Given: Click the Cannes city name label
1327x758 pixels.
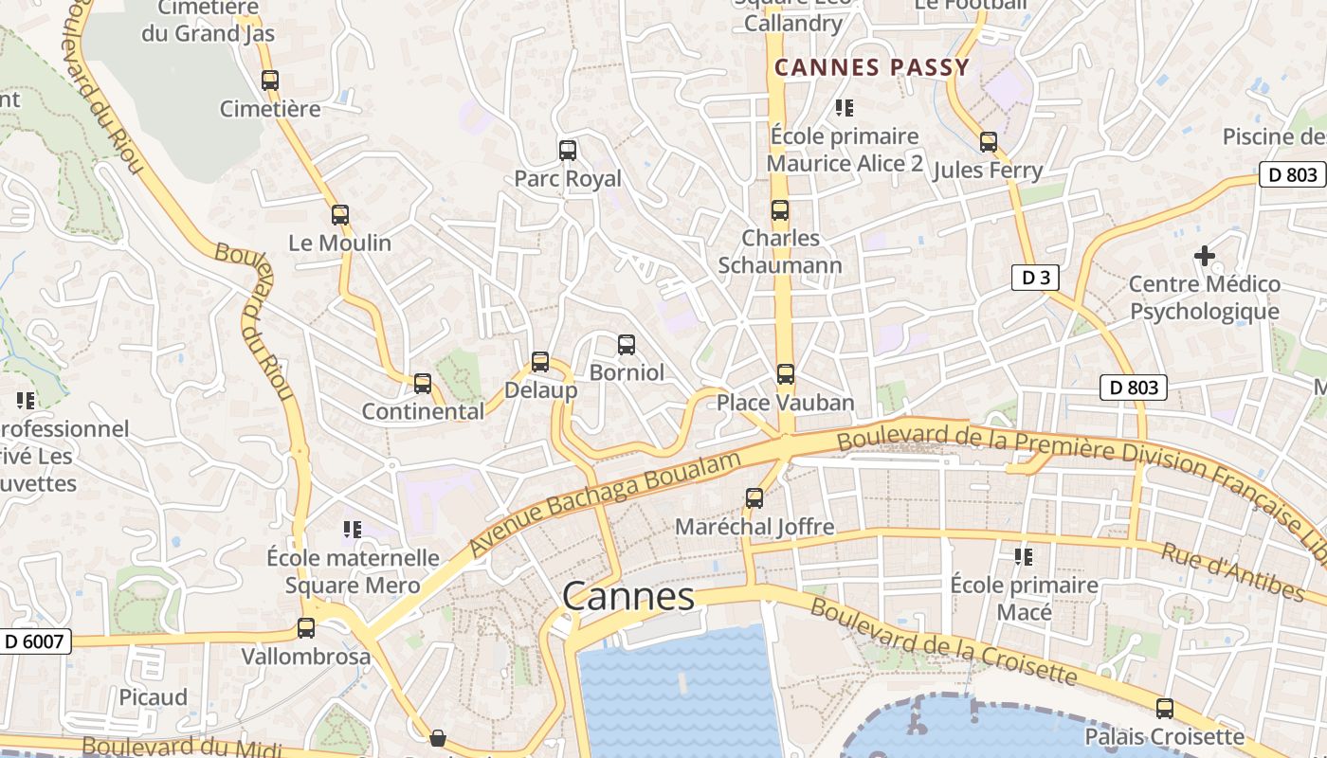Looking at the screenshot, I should pyautogui.click(x=628, y=597).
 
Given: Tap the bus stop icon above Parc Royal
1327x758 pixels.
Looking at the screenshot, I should pyautogui.click(x=568, y=150).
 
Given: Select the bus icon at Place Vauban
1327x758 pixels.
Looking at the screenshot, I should pyautogui.click(x=786, y=373).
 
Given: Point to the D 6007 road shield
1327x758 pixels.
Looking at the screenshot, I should pyautogui.click(x=34, y=641).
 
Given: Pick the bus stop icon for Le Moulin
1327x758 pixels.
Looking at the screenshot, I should pyautogui.click(x=340, y=214).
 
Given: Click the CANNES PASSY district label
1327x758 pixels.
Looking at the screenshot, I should pyautogui.click(x=872, y=67).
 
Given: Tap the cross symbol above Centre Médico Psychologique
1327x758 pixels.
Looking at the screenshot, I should pyautogui.click(x=1205, y=255).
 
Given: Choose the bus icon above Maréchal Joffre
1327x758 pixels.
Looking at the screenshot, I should pyautogui.click(x=754, y=497).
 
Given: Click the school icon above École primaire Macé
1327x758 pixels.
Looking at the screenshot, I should pyautogui.click(x=1024, y=556).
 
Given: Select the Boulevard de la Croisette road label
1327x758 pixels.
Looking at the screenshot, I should pyautogui.click(x=943, y=642).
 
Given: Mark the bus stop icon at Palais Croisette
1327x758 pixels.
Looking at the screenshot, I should pyautogui.click(x=1165, y=708).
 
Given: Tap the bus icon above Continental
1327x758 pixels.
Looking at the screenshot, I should pyautogui.click(x=423, y=383).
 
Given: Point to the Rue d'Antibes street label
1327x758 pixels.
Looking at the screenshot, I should pyautogui.click(x=1232, y=571).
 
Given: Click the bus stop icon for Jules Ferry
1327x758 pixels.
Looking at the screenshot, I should pyautogui.click(x=989, y=142).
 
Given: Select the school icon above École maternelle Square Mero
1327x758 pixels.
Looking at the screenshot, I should pyautogui.click(x=353, y=529).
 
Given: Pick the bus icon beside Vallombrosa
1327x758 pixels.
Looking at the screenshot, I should pyautogui.click(x=306, y=627).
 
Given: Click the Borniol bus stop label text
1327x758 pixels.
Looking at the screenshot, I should pyautogui.click(x=627, y=372).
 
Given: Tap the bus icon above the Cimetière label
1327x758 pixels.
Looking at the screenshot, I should pyautogui.click(x=270, y=81).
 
